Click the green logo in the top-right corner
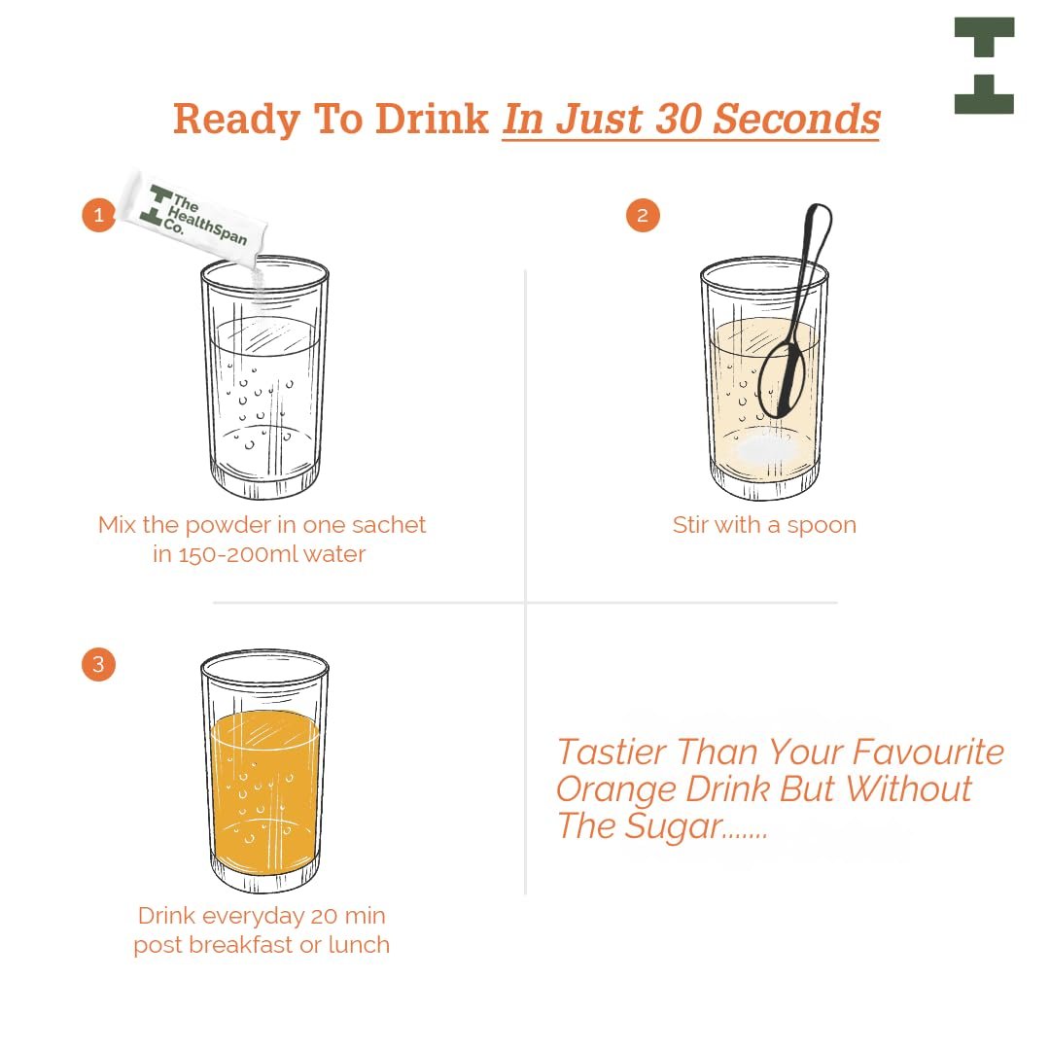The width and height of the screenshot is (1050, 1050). (x=984, y=66)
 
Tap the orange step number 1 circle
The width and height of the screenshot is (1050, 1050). (x=99, y=215)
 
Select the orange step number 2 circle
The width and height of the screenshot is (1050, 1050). (x=643, y=215)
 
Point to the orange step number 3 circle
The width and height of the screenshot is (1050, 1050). (x=98, y=664)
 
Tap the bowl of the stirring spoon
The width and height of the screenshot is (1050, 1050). (x=782, y=380)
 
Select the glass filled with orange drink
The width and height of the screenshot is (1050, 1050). (x=264, y=771)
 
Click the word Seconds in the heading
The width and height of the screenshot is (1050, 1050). (x=796, y=120)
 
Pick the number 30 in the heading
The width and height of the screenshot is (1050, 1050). (x=678, y=120)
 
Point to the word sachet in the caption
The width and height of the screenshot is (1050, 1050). (x=388, y=525)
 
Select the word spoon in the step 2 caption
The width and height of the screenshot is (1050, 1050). (x=822, y=526)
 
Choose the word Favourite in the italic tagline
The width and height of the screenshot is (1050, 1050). (x=928, y=752)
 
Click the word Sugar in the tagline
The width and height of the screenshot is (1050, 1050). (x=674, y=827)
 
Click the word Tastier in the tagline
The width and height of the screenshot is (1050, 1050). (x=612, y=752)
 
